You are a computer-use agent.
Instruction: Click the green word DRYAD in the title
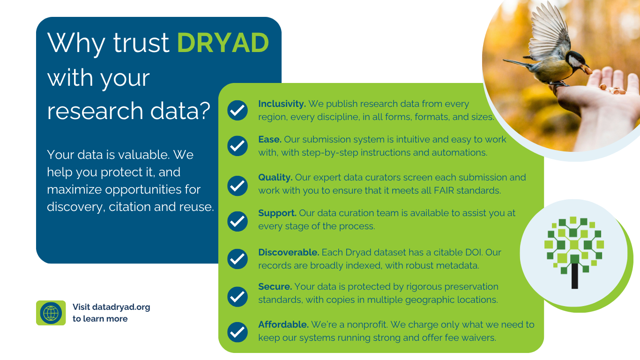(x=223, y=43)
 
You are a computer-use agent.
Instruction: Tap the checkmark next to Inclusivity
(x=238, y=110)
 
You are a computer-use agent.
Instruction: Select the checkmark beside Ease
(x=238, y=146)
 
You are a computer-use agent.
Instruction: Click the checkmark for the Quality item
(x=238, y=186)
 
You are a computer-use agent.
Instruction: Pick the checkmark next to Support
(x=238, y=221)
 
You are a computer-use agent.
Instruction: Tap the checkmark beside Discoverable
(x=238, y=259)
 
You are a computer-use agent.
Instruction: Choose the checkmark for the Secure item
(x=238, y=297)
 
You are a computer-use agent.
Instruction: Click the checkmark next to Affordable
(x=238, y=332)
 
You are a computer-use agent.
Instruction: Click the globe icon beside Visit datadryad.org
(x=51, y=313)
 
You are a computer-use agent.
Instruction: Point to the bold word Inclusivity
(x=282, y=104)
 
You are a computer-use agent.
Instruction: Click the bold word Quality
(x=275, y=178)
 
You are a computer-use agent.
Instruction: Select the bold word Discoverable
(x=289, y=253)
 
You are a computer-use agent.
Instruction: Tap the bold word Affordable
(x=283, y=324)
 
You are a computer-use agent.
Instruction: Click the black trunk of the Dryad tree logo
(x=574, y=276)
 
